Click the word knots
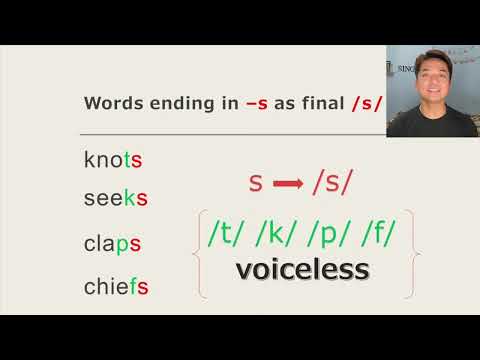click(114, 159)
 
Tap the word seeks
click(116, 198)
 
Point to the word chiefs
click(117, 288)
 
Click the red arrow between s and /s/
click(288, 184)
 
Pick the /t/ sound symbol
click(228, 232)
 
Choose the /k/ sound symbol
click(276, 232)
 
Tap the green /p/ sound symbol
click(325, 232)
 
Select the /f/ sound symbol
click(372, 232)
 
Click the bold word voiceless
click(302, 269)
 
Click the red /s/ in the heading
click(365, 102)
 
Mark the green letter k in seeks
click(129, 198)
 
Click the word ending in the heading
click(174, 103)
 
